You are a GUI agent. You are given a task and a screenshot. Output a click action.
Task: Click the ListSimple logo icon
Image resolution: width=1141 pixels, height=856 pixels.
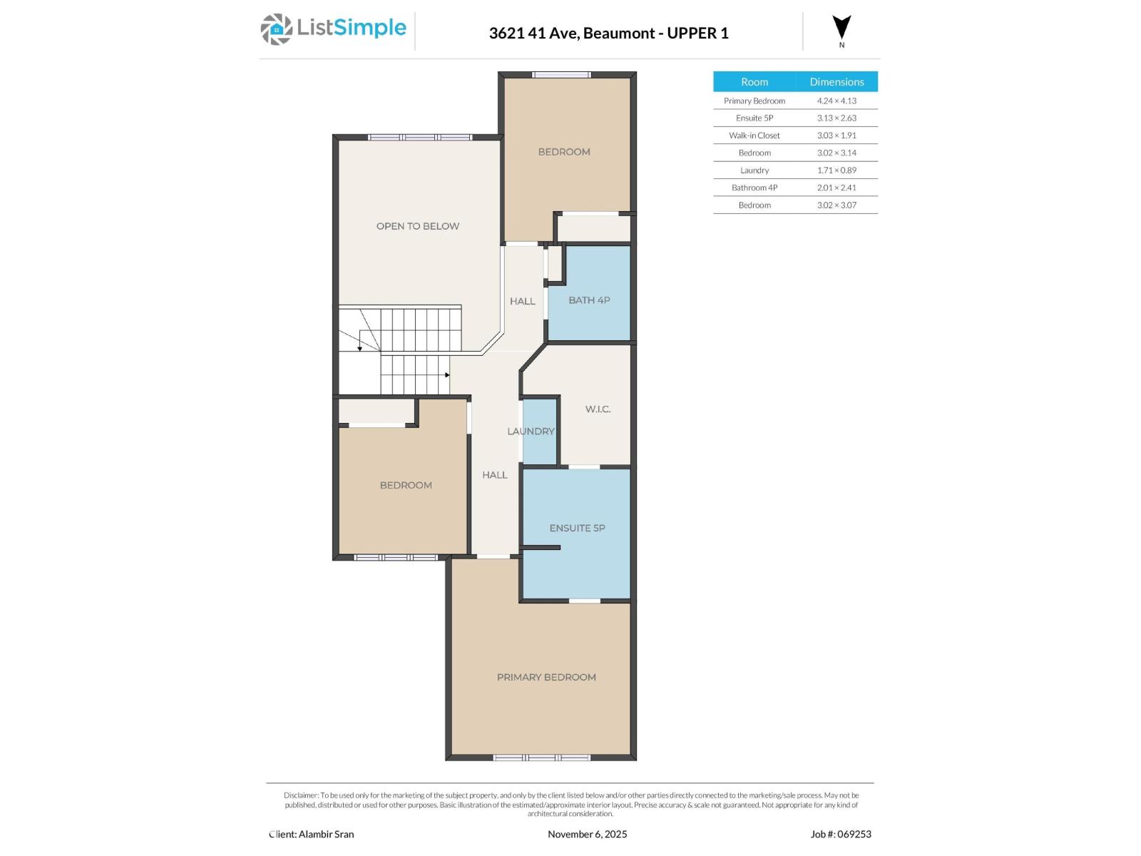click(x=276, y=29)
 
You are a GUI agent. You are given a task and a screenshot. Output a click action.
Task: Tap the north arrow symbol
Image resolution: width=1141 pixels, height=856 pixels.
click(x=841, y=28)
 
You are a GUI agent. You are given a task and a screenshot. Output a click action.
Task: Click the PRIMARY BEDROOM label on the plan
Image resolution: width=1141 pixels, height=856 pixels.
click(x=546, y=677)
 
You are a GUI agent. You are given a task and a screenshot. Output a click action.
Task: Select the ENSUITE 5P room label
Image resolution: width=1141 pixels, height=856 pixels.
click(x=577, y=528)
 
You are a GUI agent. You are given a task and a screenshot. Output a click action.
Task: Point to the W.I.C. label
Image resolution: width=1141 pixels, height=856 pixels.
click(x=598, y=409)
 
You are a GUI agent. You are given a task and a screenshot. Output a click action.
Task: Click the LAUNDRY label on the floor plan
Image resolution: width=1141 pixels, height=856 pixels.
click(x=531, y=431)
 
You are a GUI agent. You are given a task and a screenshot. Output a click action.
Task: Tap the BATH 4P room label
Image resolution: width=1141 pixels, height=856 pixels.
click(x=589, y=300)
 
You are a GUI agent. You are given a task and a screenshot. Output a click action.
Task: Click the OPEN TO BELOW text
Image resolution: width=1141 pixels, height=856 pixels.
click(x=418, y=226)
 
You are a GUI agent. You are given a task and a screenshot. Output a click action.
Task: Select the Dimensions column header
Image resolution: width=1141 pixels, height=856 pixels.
click(x=836, y=81)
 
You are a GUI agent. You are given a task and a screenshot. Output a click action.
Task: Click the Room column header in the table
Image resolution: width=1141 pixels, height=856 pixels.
click(x=754, y=81)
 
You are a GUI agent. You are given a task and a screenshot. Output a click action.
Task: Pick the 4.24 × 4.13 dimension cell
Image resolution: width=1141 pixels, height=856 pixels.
click(x=836, y=101)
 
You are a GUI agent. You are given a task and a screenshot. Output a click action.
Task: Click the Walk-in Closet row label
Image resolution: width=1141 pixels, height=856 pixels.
click(x=754, y=136)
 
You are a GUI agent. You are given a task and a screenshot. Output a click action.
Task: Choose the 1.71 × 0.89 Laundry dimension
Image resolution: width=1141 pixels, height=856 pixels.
click(x=836, y=170)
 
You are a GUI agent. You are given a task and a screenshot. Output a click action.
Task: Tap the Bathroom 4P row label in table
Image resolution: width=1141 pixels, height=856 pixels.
click(x=754, y=188)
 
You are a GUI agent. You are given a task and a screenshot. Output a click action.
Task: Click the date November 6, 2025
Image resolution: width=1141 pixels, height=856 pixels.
click(x=587, y=834)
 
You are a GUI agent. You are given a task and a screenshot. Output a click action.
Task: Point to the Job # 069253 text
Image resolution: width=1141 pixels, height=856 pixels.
click(x=841, y=834)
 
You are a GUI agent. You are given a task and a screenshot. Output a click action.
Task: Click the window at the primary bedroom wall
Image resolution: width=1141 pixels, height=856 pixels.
click(x=542, y=758)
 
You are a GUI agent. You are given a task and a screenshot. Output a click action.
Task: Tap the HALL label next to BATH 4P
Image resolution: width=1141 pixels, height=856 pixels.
click(x=522, y=301)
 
